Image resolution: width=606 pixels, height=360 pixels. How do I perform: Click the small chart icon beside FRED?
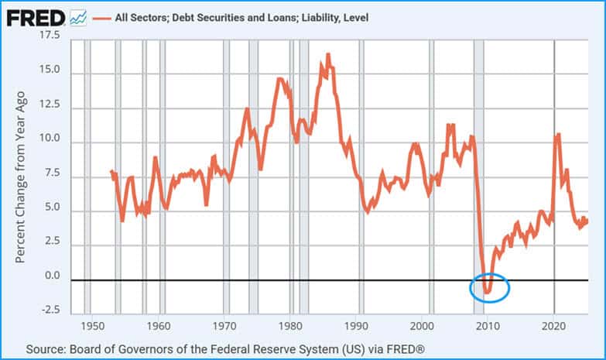click(77, 16)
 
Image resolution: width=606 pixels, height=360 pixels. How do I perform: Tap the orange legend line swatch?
click(102, 16)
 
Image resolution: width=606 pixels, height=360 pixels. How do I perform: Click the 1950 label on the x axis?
click(93, 326)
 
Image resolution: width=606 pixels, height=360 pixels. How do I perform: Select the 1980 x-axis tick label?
click(290, 326)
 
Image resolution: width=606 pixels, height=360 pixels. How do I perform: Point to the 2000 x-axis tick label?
click(423, 326)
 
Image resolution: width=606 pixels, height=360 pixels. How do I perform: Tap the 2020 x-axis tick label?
click(554, 326)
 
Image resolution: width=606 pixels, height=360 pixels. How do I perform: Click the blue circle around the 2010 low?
click(490, 287)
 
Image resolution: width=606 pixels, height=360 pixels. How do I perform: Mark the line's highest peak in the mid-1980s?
click(328, 55)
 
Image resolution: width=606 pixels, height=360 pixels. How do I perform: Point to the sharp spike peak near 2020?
click(557, 135)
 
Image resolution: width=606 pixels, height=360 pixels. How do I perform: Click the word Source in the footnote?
click(44, 349)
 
